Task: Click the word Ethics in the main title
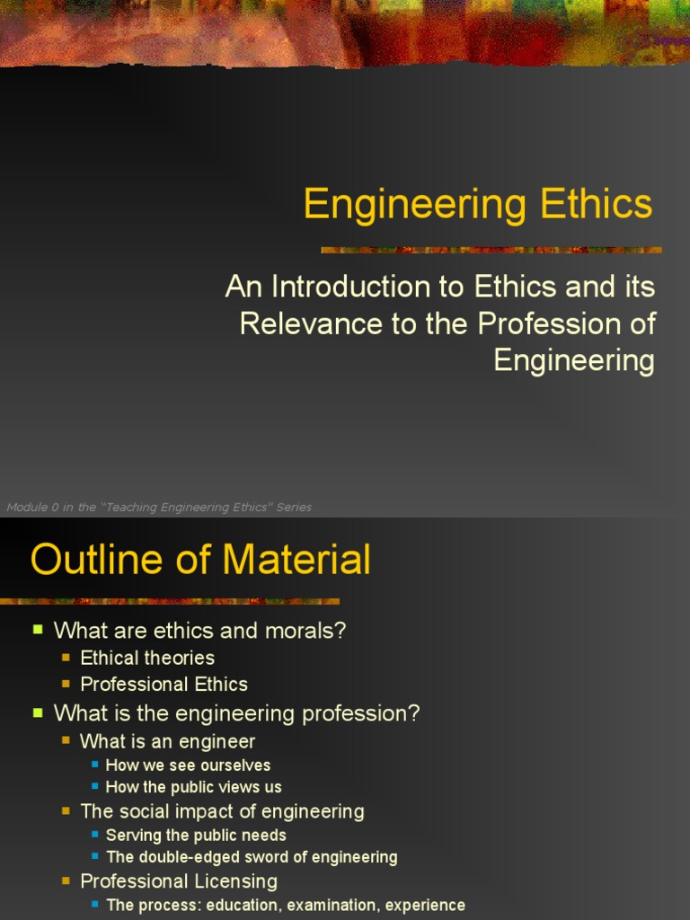(597, 204)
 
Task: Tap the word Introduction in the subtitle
(369, 287)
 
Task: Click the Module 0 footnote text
(159, 508)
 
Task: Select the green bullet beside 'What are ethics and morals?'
(38, 630)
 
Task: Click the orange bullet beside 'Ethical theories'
(66, 658)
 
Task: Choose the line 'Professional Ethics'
(164, 684)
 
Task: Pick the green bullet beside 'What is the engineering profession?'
(38, 713)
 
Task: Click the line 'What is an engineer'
(167, 741)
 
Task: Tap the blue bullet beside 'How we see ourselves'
(95, 765)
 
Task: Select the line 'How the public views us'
(193, 787)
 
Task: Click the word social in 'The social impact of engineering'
(144, 811)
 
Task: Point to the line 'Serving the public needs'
(196, 836)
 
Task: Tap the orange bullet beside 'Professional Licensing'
(66, 881)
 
